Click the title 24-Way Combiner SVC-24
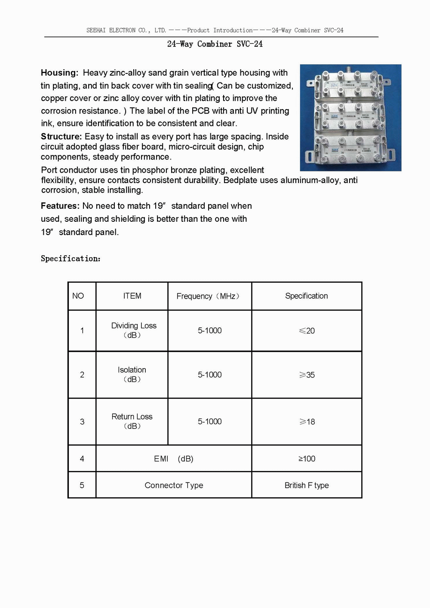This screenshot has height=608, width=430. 215,44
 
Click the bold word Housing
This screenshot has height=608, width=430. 59,73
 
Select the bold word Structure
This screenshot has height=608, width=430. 61,136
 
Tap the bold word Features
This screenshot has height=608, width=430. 60,206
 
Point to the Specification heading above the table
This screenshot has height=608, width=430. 71,258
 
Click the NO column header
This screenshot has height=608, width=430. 78,296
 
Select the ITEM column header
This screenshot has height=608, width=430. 132,296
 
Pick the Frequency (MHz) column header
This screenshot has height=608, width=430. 209,296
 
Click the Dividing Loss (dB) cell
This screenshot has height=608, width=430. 133,330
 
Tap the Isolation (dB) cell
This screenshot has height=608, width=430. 132,374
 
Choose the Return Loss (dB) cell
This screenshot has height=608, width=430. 132,421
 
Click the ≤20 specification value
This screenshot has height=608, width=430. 307,330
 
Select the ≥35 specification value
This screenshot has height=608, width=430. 307,375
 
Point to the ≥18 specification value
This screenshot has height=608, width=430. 307,422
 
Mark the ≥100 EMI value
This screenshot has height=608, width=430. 307,458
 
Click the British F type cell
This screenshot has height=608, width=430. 307,485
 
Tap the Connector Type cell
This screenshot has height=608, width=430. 174,485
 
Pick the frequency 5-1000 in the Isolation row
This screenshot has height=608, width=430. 209,375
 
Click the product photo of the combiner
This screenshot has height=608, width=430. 350,118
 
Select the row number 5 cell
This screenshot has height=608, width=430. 82,485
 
